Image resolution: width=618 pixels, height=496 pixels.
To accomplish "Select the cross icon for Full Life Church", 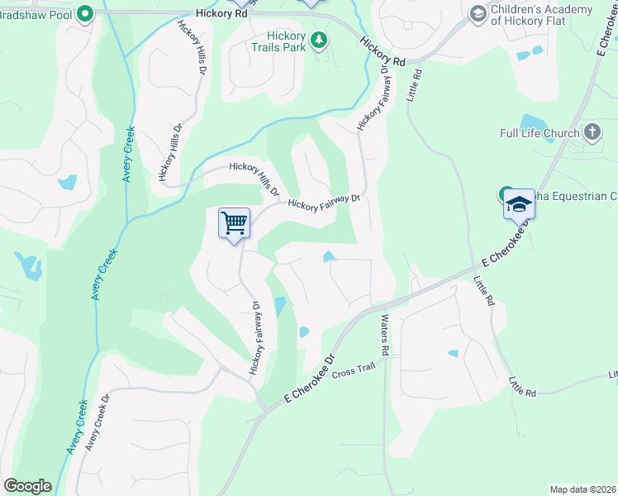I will click(x=592, y=131).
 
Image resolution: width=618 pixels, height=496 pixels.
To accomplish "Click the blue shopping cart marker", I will click(x=234, y=222).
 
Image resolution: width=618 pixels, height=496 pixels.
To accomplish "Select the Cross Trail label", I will click(x=355, y=372).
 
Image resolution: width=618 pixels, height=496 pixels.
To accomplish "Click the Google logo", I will click(x=27, y=486).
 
